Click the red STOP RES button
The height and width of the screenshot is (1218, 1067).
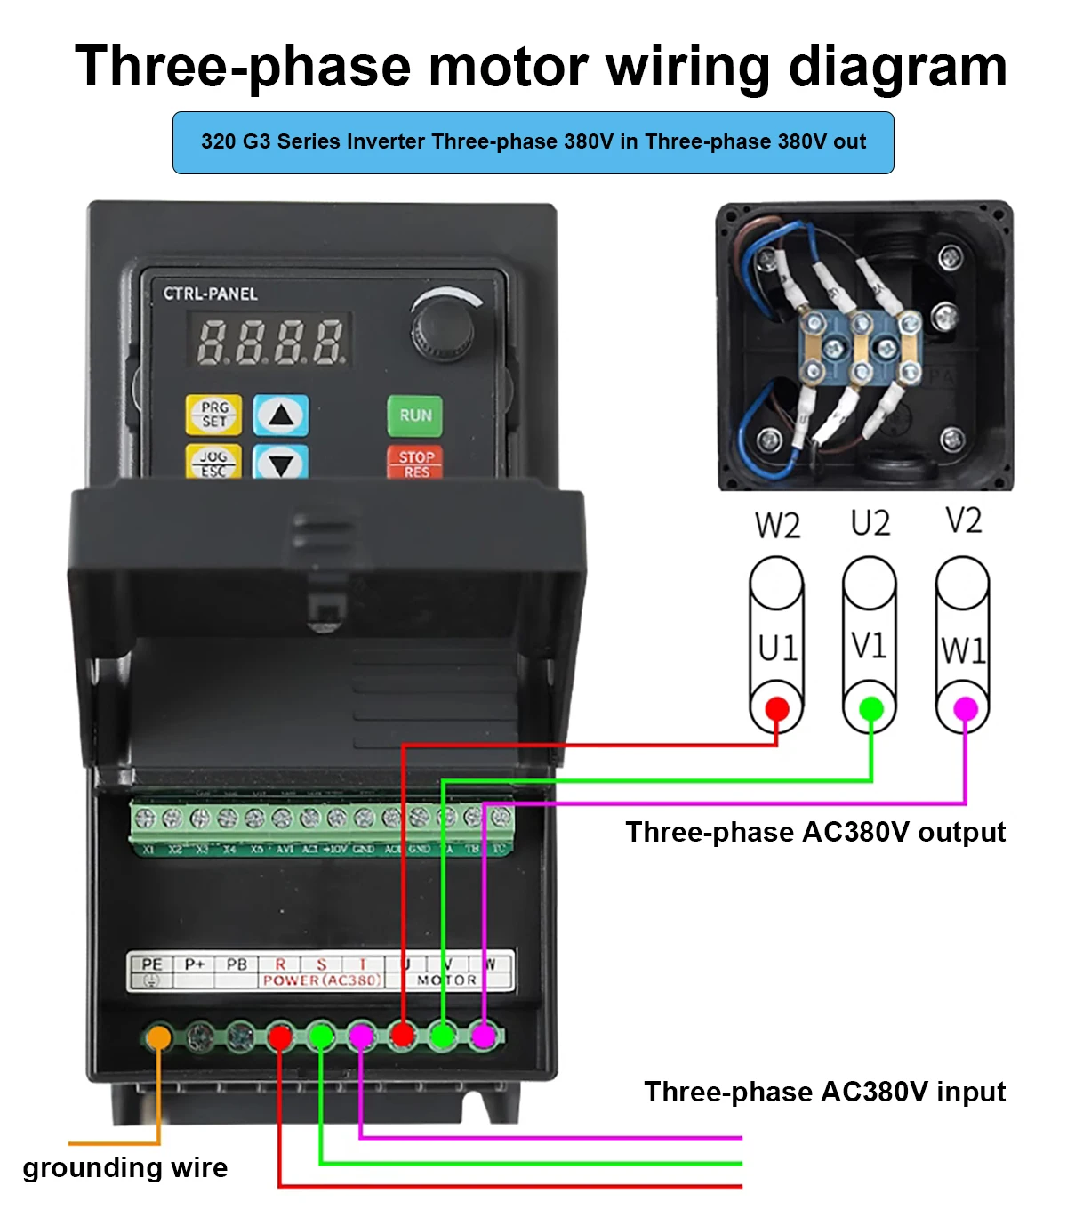[414, 462]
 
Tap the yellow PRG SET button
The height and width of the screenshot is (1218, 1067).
[213, 414]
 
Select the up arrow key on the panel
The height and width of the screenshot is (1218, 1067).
[281, 415]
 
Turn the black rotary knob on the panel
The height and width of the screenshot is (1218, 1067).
[437, 330]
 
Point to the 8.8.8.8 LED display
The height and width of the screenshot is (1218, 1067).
[269, 341]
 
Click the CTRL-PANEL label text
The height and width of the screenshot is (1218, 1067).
[210, 294]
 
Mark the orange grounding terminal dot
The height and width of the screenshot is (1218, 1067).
[158, 1037]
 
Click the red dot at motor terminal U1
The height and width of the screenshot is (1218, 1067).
[776, 709]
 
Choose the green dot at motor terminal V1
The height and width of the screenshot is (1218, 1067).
[870, 709]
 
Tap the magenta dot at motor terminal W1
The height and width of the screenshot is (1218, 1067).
[965, 709]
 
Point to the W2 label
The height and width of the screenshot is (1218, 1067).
[777, 526]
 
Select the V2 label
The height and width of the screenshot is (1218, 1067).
[963, 520]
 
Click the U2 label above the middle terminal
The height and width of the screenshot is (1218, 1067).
[870, 523]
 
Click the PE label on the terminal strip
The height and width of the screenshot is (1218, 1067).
[152, 964]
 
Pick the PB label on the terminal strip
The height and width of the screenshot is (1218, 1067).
[237, 964]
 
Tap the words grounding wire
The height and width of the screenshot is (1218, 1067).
[125, 1167]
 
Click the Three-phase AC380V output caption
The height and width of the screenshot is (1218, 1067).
[815, 832]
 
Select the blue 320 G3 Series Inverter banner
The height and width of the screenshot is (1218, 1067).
[533, 142]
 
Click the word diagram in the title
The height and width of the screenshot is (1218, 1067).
[897, 67]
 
